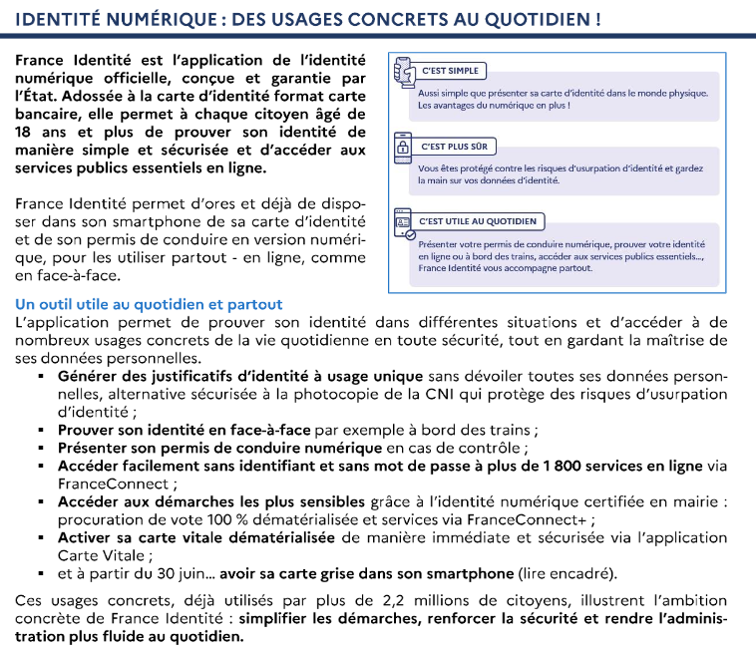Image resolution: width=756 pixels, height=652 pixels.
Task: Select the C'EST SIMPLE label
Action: point(451,71)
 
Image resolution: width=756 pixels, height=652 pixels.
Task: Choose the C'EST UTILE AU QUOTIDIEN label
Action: point(478,221)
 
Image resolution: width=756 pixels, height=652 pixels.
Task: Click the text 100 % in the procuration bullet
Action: point(239,519)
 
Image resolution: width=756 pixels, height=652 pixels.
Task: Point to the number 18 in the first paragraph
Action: point(26,115)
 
